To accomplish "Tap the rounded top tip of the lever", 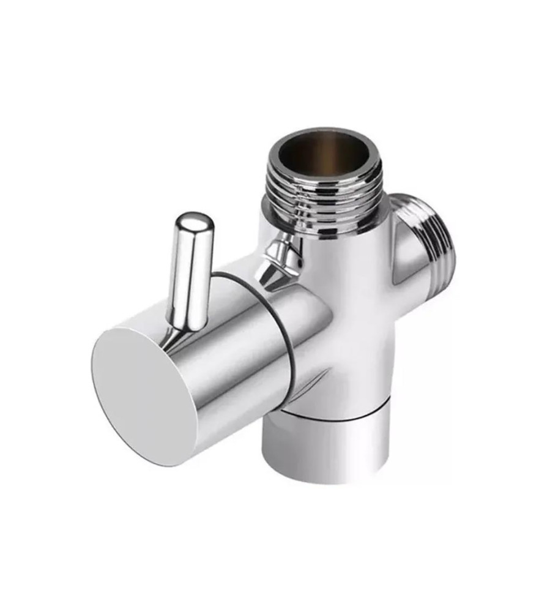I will [195, 220].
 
